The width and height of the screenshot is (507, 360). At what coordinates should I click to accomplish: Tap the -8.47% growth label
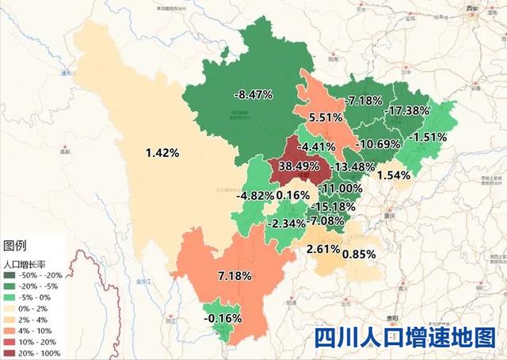click(x=253, y=94)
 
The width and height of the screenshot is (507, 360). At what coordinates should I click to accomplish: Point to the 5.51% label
click(x=326, y=117)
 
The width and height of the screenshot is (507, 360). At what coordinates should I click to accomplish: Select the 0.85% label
click(x=358, y=254)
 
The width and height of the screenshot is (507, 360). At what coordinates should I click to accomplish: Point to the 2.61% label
click(x=322, y=250)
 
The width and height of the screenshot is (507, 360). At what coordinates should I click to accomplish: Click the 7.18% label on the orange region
click(x=234, y=276)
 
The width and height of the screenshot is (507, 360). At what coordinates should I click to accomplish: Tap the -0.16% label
click(x=223, y=318)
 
